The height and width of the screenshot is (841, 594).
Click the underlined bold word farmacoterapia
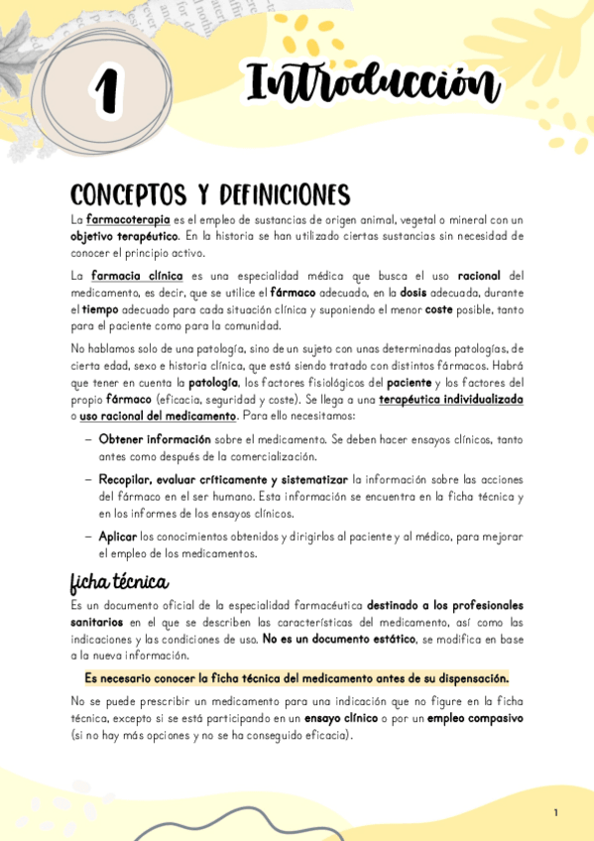[128, 219]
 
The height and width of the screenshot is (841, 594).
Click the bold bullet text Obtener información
[155, 438]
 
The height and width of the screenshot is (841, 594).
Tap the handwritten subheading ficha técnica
[118, 580]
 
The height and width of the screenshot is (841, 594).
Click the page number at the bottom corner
[556, 813]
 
